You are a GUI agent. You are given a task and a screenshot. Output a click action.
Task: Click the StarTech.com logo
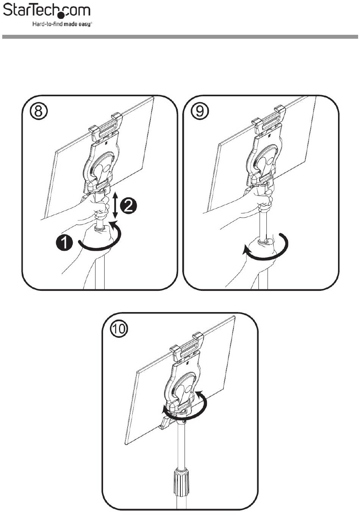[47, 10]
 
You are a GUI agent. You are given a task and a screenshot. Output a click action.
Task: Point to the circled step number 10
[119, 328]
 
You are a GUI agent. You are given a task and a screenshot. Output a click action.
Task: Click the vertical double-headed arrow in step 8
[116, 205]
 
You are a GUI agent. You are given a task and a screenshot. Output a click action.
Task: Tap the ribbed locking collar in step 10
[181, 483]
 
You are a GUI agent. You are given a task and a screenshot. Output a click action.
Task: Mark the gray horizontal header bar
[180, 37]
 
